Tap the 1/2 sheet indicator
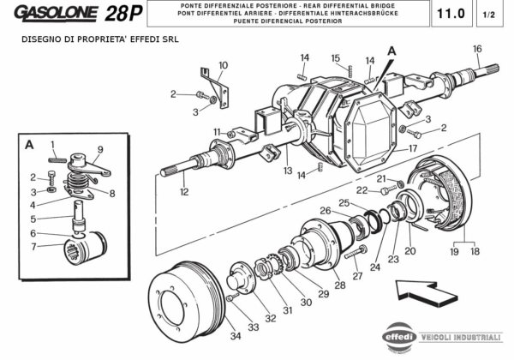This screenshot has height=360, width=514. [489, 15]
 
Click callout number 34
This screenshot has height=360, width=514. [235, 337]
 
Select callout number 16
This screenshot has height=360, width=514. [477, 48]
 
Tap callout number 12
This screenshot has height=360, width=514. [184, 193]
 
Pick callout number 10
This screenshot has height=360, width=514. [223, 65]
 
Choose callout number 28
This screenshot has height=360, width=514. [340, 285]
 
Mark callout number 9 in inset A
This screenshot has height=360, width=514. [99, 150]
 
